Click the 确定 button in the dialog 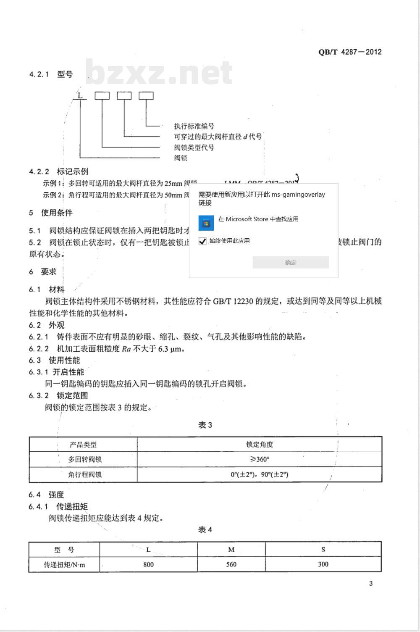point(291,263)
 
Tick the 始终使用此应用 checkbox point(203,241)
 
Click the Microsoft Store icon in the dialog point(206,223)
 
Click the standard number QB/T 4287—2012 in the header point(350,52)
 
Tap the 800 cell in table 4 point(148,564)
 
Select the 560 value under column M point(231,564)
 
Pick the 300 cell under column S point(323,564)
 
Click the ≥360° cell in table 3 point(260,459)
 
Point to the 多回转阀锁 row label point(85,459)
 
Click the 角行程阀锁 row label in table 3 point(85,474)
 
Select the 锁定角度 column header point(260,444)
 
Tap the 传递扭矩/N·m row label point(64,564)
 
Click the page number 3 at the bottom point(371,583)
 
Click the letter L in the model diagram point(80,96)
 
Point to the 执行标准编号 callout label point(194,126)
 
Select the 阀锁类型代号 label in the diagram point(194,147)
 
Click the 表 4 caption point(205,529)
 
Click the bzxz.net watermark point(159,72)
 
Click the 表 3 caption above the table point(205,425)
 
